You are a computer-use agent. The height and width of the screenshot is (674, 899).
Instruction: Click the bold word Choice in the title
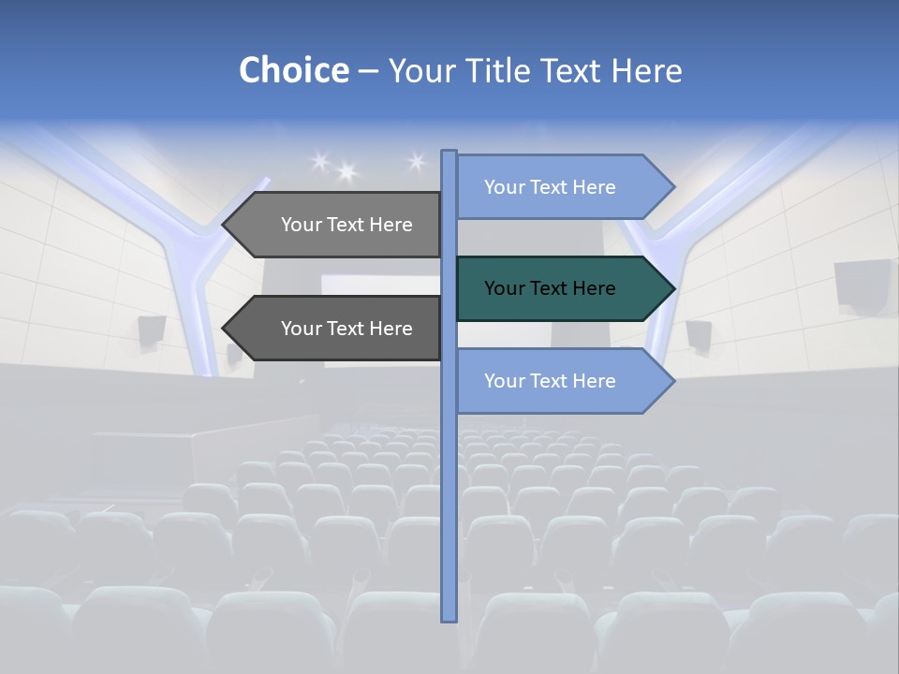[x=293, y=70]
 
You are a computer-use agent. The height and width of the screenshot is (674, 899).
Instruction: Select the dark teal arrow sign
[x=553, y=288]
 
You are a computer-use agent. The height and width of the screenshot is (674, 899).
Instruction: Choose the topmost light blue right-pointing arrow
[x=553, y=187]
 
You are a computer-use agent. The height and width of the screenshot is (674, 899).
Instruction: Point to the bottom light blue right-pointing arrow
[x=553, y=381]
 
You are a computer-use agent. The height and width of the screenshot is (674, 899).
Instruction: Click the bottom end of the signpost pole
[x=449, y=618]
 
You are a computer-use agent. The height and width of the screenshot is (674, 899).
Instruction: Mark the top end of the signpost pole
[x=449, y=154]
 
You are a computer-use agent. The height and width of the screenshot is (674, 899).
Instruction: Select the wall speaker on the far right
[x=862, y=283]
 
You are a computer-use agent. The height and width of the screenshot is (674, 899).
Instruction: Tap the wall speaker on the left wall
[x=152, y=330]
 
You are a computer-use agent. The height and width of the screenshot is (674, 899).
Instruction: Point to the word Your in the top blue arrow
[x=504, y=187]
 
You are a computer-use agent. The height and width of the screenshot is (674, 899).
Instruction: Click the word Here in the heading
[x=646, y=70]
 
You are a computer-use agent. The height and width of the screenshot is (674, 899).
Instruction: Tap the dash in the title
[x=368, y=70]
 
